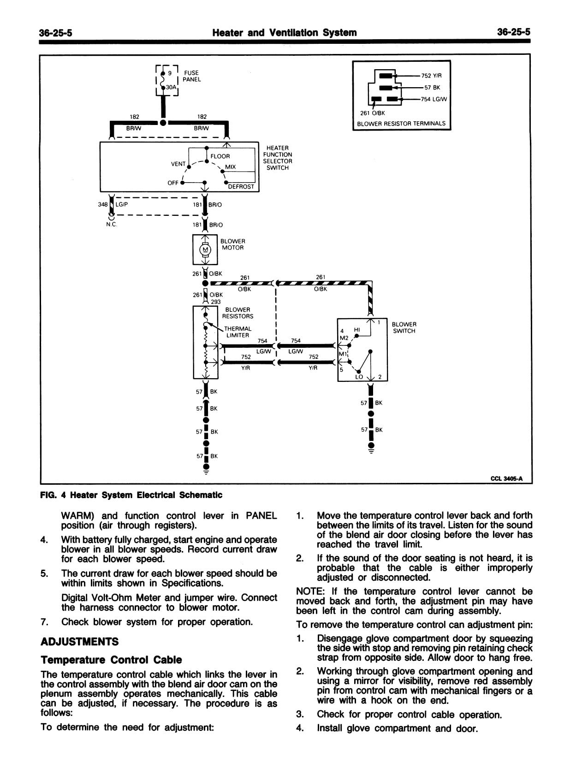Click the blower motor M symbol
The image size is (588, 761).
(x=205, y=250)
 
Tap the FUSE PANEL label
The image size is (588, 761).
(x=191, y=76)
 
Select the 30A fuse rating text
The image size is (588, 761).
(x=171, y=87)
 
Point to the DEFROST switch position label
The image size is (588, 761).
(x=241, y=187)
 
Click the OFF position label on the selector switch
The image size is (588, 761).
(x=173, y=183)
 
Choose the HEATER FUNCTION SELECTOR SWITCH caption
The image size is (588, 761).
(x=277, y=158)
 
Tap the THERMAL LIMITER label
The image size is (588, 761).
(x=238, y=332)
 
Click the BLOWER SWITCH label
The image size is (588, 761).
(x=404, y=328)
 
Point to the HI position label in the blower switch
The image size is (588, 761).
(x=357, y=330)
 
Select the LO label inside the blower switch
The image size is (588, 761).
(x=359, y=377)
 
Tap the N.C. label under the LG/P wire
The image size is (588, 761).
(x=111, y=225)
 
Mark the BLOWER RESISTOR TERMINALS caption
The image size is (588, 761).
(x=401, y=124)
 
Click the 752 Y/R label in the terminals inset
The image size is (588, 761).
(x=431, y=76)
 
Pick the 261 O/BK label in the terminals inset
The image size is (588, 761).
(x=372, y=113)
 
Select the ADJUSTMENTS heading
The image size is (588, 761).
(x=79, y=642)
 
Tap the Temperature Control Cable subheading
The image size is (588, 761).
(x=111, y=660)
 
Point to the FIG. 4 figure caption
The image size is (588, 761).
(x=131, y=495)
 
